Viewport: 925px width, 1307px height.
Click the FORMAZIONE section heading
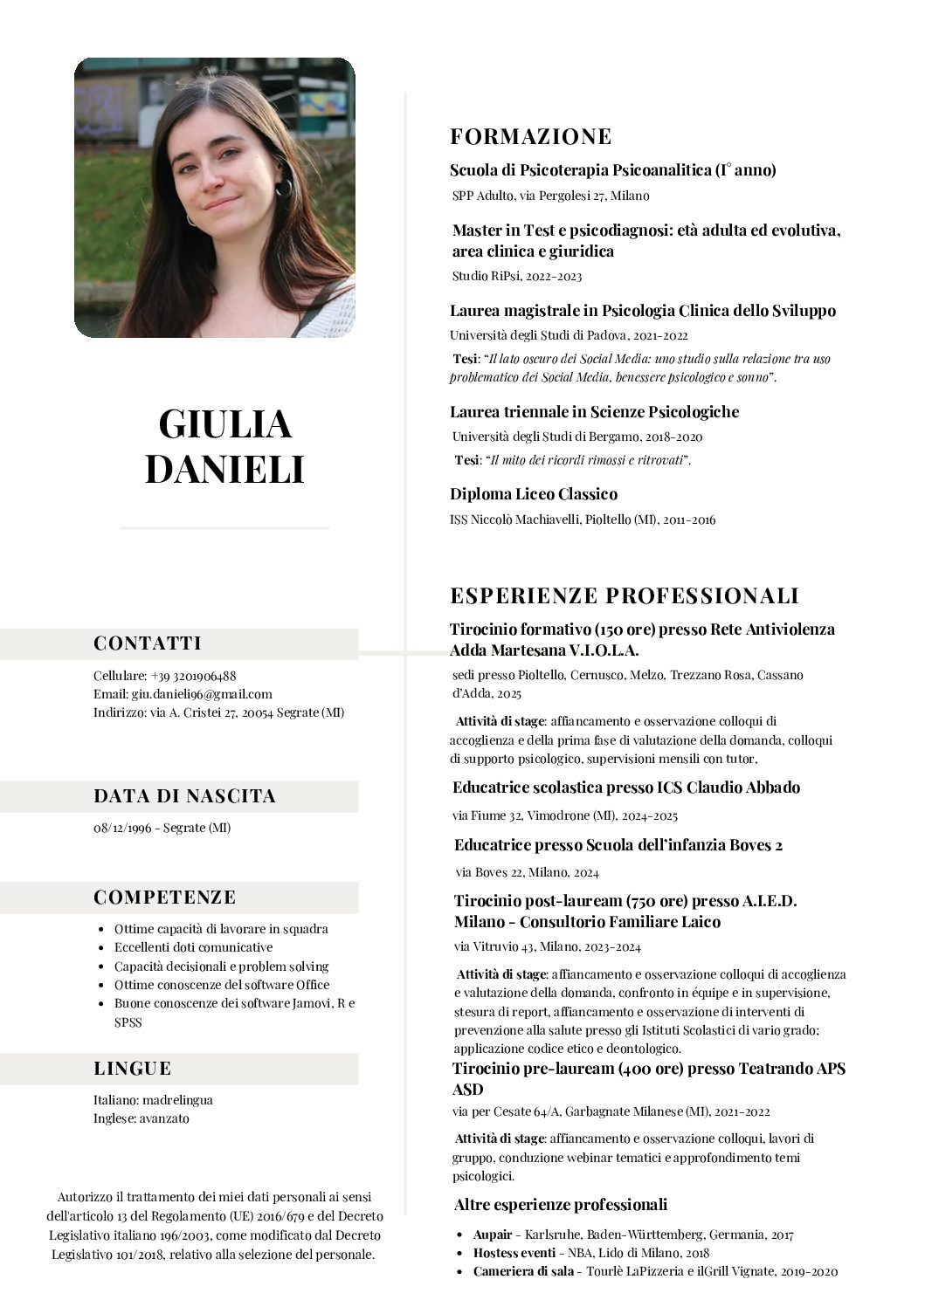[x=530, y=136]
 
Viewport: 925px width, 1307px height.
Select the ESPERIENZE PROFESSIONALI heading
[x=624, y=596]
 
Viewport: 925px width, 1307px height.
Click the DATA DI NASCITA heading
[x=184, y=796]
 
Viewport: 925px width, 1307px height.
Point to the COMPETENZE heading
[x=164, y=898]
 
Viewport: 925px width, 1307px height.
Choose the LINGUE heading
[x=132, y=1069]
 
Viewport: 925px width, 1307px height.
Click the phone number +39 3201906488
[x=193, y=676]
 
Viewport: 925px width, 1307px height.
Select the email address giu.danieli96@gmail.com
[x=202, y=694]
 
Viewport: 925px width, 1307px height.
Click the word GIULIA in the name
[x=224, y=424]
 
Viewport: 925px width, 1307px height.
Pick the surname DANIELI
[x=224, y=470]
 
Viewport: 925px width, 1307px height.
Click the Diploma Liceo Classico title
[x=533, y=494]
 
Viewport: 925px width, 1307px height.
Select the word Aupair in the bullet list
[x=492, y=1235]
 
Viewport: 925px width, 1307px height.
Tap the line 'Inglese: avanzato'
[x=141, y=1118]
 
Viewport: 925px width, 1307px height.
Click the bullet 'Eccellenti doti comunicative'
[x=193, y=947]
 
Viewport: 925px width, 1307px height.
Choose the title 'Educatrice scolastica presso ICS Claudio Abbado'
[x=625, y=788]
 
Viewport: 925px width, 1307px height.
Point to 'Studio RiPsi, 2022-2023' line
[x=516, y=276]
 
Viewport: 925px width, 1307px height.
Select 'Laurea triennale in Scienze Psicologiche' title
[x=594, y=412]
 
